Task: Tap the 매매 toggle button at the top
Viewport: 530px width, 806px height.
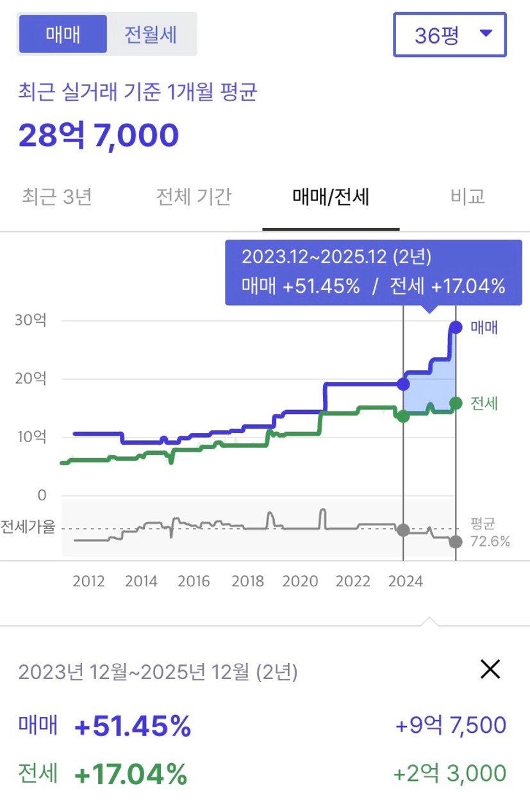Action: [63, 34]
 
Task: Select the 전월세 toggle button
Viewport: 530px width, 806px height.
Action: [151, 34]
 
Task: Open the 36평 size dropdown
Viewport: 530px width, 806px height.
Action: [450, 35]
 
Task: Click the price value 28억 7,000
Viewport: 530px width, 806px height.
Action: [99, 135]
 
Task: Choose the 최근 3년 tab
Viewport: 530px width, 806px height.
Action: [57, 197]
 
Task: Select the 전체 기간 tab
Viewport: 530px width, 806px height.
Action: [194, 197]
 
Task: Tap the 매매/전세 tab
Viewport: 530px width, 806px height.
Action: [331, 197]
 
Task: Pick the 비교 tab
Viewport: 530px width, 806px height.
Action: [467, 197]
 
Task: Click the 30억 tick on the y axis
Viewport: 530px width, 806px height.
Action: [31, 320]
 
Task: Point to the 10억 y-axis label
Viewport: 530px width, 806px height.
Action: [31, 438]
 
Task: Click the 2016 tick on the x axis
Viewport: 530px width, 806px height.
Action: [194, 581]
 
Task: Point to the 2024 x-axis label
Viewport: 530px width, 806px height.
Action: [406, 581]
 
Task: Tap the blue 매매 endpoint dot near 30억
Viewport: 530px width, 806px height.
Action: [456, 327]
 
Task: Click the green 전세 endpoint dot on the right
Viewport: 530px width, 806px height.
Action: [456, 403]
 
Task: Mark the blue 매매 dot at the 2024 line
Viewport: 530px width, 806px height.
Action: [403, 384]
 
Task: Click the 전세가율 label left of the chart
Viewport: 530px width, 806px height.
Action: [28, 528]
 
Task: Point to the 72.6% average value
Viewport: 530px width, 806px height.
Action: [490, 542]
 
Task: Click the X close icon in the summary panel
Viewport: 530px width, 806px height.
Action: [490, 670]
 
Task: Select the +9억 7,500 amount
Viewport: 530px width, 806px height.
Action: [451, 725]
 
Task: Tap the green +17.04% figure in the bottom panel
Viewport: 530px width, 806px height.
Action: [131, 773]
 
